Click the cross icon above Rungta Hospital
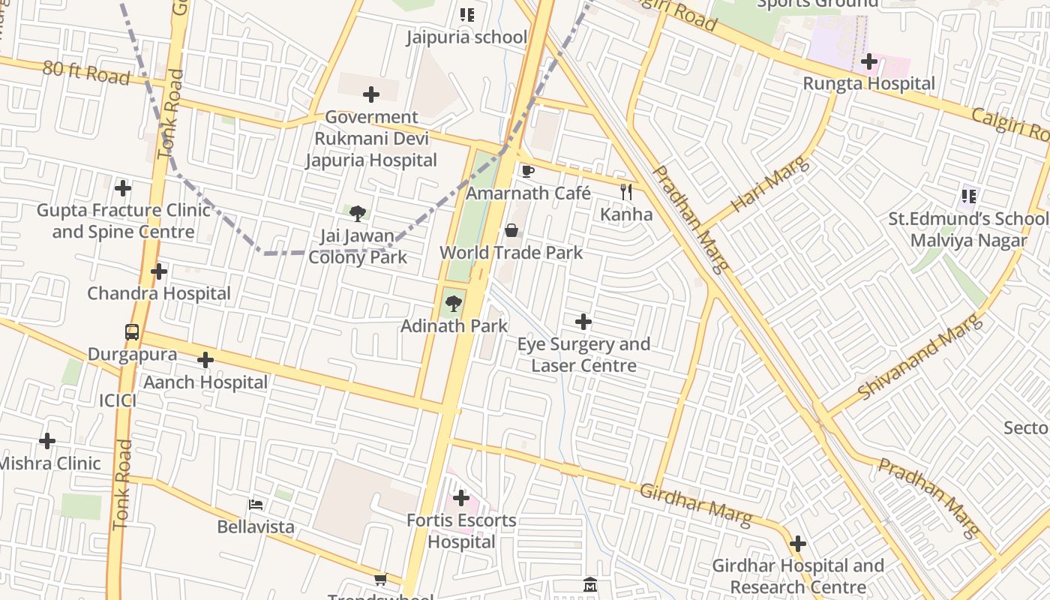click(x=869, y=61)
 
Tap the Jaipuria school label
click(x=466, y=37)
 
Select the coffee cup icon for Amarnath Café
click(x=528, y=171)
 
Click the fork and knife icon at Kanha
click(x=626, y=192)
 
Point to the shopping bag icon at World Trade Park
click(x=511, y=230)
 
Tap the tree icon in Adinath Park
click(x=453, y=304)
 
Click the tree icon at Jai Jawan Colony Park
click(x=358, y=214)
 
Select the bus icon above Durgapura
click(x=132, y=331)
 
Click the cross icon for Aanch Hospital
click(x=205, y=360)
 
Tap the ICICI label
click(x=118, y=400)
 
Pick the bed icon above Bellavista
click(x=256, y=505)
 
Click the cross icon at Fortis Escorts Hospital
click(x=461, y=498)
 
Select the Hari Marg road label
click(x=769, y=184)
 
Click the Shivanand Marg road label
click(x=919, y=357)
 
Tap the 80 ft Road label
click(x=86, y=72)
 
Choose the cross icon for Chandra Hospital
click(x=159, y=271)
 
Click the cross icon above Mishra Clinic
click(x=47, y=441)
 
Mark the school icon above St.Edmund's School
click(x=969, y=196)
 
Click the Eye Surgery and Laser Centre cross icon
click(x=583, y=322)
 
